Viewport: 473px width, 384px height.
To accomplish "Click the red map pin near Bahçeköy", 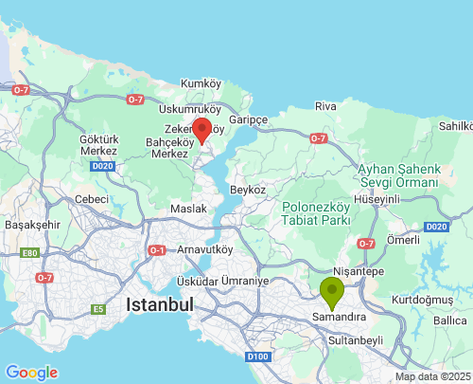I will [x=201, y=130].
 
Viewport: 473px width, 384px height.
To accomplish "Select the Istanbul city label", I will [x=159, y=305].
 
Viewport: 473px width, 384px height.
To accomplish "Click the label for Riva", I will [x=325, y=106].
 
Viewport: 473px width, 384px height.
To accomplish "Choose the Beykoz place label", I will [x=249, y=190].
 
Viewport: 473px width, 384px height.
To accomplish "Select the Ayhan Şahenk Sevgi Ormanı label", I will [x=398, y=176].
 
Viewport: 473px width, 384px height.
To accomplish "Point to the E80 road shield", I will [x=31, y=253].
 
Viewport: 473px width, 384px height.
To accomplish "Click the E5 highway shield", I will [x=96, y=309].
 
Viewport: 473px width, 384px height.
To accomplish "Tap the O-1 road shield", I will [x=157, y=250].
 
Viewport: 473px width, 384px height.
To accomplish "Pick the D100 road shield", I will [x=256, y=357].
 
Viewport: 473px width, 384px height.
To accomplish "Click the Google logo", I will [x=31, y=373].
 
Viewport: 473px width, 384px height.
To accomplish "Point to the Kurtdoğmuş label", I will [x=424, y=300].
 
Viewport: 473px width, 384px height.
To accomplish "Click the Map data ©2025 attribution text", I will [x=431, y=376].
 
